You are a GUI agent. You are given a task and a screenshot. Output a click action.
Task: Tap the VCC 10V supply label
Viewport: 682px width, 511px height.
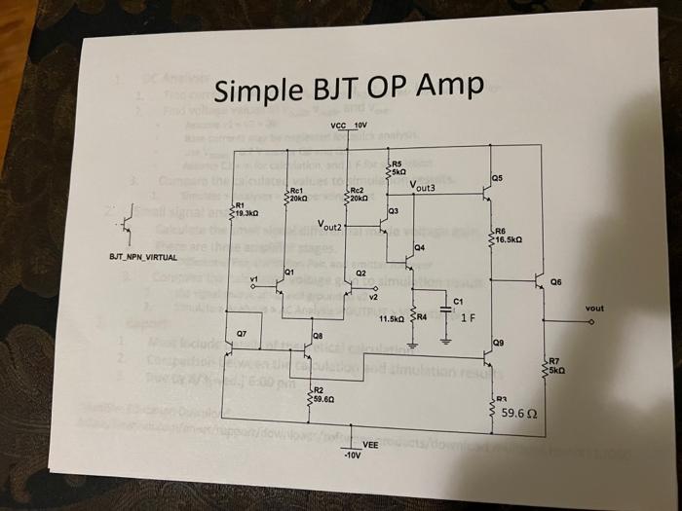[x=348, y=127]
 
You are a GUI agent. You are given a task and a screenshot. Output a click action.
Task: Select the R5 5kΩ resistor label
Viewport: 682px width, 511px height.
[x=398, y=166]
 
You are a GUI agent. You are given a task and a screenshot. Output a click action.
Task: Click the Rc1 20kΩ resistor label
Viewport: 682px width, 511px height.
[x=298, y=194]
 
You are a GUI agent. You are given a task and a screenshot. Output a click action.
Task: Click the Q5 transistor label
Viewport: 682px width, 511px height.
[x=498, y=179]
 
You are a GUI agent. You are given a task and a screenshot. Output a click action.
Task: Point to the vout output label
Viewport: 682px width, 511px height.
[x=595, y=309]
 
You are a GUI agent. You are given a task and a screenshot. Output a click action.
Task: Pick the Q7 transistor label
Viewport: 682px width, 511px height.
[x=242, y=334]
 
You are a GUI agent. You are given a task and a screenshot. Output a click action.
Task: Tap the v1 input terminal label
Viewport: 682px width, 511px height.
[x=255, y=282]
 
